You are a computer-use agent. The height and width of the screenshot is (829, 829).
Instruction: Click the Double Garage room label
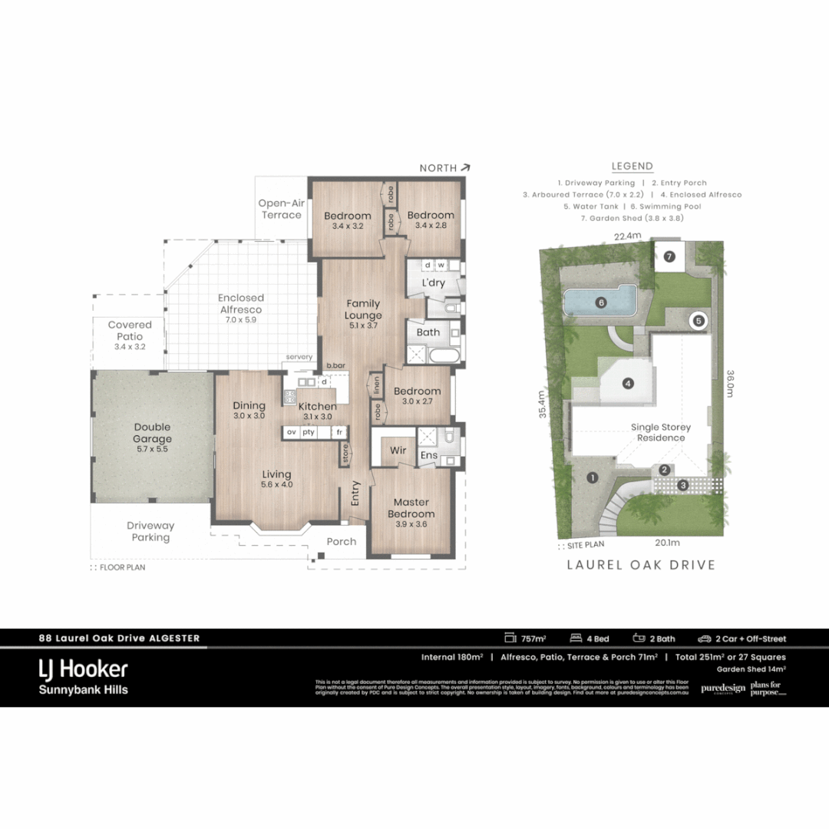(x=152, y=433)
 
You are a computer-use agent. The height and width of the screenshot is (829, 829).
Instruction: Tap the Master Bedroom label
(x=411, y=508)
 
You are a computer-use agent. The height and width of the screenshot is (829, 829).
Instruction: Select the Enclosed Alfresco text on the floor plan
(x=240, y=303)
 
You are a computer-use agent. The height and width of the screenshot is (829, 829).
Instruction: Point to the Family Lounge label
(x=363, y=309)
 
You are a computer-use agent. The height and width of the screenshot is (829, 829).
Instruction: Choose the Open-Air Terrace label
(x=281, y=209)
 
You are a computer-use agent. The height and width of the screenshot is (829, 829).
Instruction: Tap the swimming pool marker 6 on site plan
(x=601, y=302)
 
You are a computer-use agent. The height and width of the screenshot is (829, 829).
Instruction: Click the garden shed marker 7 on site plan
(x=669, y=256)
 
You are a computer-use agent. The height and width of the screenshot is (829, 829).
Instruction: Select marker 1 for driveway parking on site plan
(x=592, y=477)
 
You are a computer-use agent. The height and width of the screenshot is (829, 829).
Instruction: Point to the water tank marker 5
(x=698, y=321)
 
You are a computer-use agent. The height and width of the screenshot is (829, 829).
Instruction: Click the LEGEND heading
(x=632, y=166)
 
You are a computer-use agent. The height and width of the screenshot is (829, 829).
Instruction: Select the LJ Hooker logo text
(x=84, y=669)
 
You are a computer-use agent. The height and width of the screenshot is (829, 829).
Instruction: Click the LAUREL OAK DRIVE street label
(x=641, y=565)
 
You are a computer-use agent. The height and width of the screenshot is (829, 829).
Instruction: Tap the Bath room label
(x=428, y=332)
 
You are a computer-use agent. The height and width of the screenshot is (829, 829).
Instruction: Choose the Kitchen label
(x=317, y=406)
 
